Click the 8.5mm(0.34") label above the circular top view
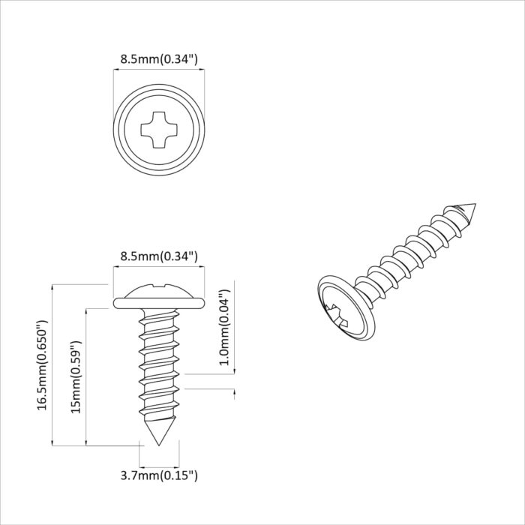(159, 58)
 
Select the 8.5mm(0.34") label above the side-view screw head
(159, 256)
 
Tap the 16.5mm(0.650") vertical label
(43, 365)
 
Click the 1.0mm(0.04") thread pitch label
(223, 327)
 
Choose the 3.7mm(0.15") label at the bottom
(159, 475)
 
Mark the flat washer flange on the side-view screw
(159, 302)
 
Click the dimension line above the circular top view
(159, 70)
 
